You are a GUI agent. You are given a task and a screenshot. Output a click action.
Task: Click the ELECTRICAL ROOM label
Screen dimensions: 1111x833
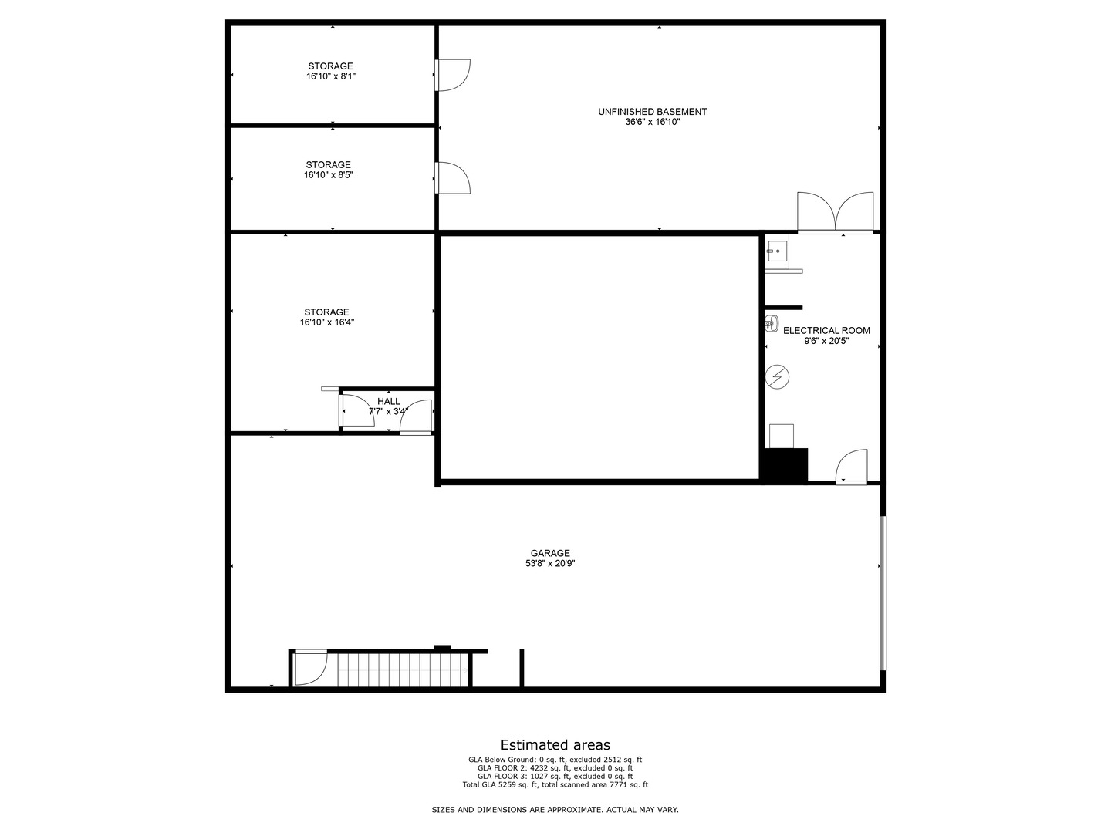click(826, 330)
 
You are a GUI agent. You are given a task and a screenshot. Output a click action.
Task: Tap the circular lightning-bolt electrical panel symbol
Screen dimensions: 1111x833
click(777, 377)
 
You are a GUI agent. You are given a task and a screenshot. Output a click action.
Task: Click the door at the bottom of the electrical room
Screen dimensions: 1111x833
click(851, 467)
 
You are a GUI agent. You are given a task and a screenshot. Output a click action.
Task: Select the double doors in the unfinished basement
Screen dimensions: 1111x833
click(835, 212)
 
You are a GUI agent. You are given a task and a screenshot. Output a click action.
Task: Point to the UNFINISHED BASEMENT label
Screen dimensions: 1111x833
click(653, 112)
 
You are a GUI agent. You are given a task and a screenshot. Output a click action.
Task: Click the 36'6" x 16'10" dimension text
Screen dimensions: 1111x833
click(653, 122)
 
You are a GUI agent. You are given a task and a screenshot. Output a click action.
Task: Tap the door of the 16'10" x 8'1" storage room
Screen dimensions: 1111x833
click(452, 75)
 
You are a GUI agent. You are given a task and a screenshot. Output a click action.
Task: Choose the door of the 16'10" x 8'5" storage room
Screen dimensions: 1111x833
click(452, 177)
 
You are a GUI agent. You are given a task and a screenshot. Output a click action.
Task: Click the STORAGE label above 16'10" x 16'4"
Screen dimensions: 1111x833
click(326, 312)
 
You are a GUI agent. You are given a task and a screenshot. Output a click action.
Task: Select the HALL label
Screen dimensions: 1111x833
click(388, 401)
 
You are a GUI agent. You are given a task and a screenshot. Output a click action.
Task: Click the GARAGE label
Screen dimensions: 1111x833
click(550, 553)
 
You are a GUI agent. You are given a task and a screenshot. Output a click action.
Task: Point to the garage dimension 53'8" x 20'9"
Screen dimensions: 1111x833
click(550, 563)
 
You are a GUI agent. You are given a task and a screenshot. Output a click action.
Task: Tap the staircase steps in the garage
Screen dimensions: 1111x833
click(398, 669)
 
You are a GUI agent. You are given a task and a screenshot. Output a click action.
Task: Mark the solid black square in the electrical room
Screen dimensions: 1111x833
click(784, 464)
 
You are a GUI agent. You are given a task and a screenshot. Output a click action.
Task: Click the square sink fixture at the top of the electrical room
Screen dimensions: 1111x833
click(776, 251)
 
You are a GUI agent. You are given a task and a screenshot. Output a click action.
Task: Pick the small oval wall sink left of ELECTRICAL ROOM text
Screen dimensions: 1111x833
click(772, 323)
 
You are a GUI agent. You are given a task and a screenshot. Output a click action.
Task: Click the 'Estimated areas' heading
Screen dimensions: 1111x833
click(555, 744)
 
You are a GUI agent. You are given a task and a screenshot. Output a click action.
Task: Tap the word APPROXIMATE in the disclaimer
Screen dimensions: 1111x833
click(575, 810)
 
